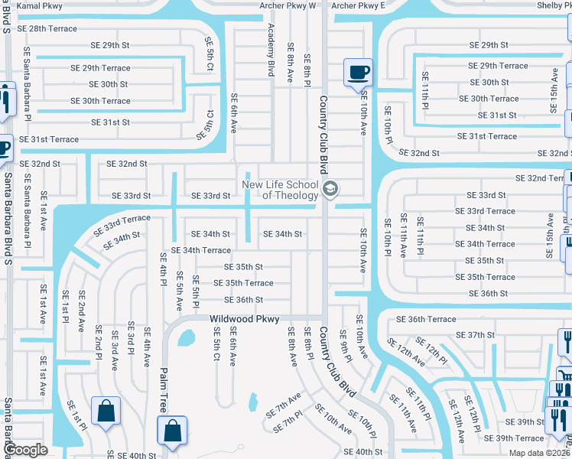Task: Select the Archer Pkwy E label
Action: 359,5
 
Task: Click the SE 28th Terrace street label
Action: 47,29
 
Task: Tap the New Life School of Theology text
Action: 280,190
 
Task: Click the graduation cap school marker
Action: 330,189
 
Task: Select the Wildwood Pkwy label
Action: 245,318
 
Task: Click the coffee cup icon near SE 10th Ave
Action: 358,73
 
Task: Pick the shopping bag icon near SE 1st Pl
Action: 105,410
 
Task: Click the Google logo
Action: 25,451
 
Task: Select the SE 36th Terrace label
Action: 421,319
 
